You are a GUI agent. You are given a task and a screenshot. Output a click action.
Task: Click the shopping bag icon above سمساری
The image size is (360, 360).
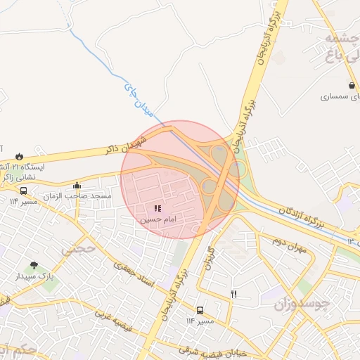coord(331,86)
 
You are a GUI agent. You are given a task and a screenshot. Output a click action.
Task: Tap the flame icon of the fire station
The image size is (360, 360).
coord(19,155)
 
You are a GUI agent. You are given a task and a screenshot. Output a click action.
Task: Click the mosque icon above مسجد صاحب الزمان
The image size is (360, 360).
coord(77,185)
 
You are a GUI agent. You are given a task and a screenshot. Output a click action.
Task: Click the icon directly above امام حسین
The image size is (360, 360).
coord(157,208)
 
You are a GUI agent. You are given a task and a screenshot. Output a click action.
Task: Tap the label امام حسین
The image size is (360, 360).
coord(157,219)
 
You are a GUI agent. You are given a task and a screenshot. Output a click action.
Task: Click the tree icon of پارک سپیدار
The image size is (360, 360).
coord(34,266)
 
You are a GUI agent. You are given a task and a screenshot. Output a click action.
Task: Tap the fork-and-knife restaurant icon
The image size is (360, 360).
coord(233,295)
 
